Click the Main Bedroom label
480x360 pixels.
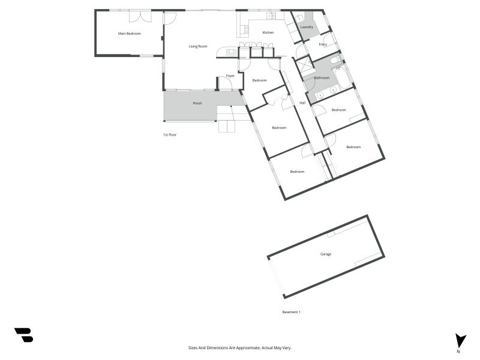coord(130,34)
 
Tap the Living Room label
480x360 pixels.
coord(198,46)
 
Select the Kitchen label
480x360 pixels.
coord(268,32)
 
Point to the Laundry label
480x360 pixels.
coord(307,27)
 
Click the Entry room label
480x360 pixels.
coord(323,44)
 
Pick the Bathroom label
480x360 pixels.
coord(322,78)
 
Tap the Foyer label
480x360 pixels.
coord(230,76)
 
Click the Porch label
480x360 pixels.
coord(197,103)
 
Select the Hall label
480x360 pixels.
coord(302,103)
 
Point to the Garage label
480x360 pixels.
coord(326,254)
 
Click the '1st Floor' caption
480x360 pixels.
coord(170,134)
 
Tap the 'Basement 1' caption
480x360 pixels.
coord(291,312)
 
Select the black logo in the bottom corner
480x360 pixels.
coord(24,335)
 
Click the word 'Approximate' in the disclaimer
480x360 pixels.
coord(248,348)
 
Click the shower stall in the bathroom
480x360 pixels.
coord(305,67)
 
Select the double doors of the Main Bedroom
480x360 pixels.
coord(140,16)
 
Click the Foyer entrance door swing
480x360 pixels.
coord(226,83)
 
